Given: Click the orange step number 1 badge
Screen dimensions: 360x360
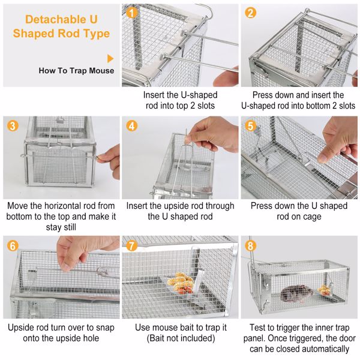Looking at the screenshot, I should [x=133, y=12].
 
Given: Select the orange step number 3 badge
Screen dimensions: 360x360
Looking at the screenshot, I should [x=13, y=126].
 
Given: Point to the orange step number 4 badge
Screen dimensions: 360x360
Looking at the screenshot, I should [x=133, y=126].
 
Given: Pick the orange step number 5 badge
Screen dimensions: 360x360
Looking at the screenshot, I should [x=251, y=126].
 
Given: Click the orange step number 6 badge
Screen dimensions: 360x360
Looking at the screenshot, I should [x=13, y=245].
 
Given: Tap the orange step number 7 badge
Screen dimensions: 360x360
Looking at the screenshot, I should [x=133, y=245].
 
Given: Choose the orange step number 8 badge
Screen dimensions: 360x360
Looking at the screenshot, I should [x=251, y=245].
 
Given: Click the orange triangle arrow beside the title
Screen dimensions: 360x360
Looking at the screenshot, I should [x=110, y=58].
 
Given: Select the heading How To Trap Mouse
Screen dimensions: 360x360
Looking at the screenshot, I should [x=76, y=71].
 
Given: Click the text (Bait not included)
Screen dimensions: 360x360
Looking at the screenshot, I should [x=180, y=338].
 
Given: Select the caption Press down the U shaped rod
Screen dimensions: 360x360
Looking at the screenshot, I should [x=298, y=211].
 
